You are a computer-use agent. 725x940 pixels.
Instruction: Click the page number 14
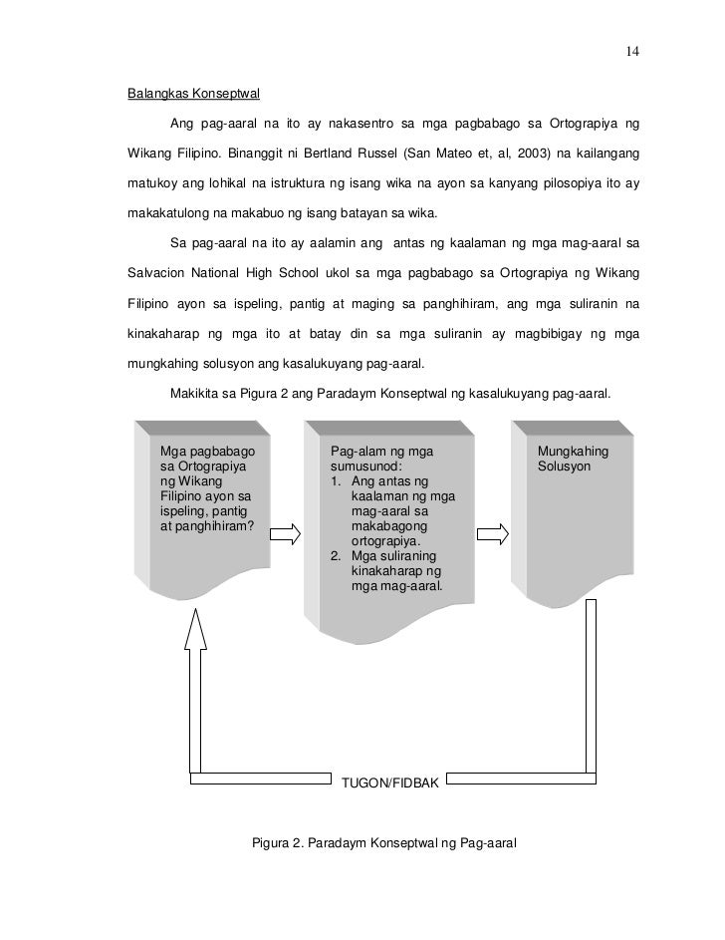[x=632, y=52]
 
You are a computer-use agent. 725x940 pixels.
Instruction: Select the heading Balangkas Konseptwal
[x=193, y=95]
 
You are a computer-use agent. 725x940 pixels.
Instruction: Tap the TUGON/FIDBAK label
[x=389, y=783]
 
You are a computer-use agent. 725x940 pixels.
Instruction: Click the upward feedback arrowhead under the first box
[x=197, y=625]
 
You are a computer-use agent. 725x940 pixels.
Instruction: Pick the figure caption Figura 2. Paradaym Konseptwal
[x=383, y=842]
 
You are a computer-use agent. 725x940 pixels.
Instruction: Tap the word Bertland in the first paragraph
[x=280, y=156]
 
